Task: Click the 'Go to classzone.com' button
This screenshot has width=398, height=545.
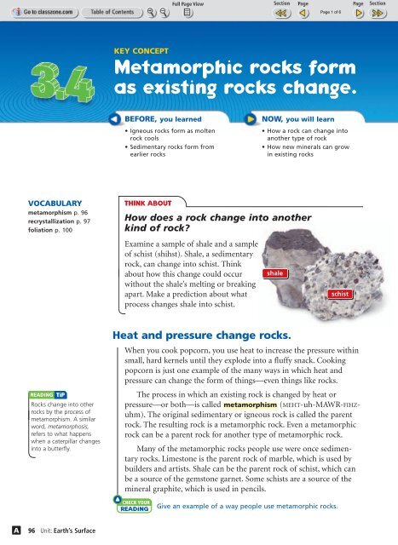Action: pyautogui.click(x=35, y=13)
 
